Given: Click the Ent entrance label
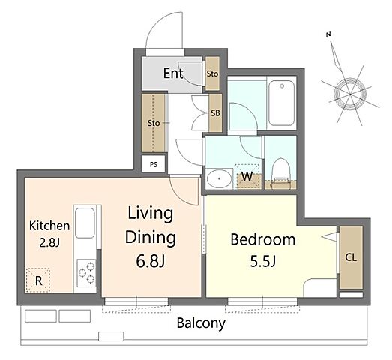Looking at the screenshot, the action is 173,73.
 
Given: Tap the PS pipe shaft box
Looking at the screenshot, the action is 153,164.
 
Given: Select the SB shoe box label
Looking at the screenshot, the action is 215,113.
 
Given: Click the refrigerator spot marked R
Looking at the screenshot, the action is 38,280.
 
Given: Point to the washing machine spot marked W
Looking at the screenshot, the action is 247,176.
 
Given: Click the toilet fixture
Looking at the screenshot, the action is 281,173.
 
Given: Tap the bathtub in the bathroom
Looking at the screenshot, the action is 282,103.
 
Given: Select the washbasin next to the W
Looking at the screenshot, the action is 220,178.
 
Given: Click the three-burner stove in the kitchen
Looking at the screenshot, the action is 86,273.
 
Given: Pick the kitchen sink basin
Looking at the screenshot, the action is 85,223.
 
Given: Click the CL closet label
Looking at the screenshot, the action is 351,257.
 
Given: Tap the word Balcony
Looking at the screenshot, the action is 201,323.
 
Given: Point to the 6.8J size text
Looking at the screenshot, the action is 150,261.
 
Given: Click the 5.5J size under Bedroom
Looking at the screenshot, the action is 263,261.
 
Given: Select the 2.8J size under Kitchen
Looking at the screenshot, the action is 49,242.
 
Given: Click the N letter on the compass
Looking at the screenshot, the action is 328,34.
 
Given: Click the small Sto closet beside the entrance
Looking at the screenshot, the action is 212,73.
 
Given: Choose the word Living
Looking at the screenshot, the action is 150,214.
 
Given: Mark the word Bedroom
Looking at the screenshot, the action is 263,239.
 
